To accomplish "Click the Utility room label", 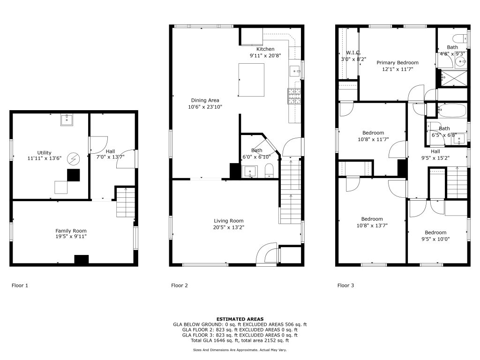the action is pyautogui.click(x=45, y=152).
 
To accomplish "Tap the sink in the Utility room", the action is pyautogui.click(x=67, y=120).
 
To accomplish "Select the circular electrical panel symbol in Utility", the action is pyautogui.click(x=74, y=159).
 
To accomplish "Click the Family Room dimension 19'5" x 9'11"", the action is pyautogui.click(x=71, y=236).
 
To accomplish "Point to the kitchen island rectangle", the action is pyautogui.click(x=251, y=80).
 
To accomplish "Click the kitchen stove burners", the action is pyautogui.click(x=294, y=97).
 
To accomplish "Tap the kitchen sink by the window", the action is pyautogui.click(x=295, y=71).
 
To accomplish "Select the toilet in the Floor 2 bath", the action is pyautogui.click(x=269, y=171).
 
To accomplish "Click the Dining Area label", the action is pyautogui.click(x=205, y=100).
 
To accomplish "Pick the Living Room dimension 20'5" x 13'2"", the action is pyautogui.click(x=229, y=227).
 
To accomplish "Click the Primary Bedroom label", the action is pyautogui.click(x=397, y=62).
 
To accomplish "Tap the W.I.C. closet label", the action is pyautogui.click(x=353, y=52).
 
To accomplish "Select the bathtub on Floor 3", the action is pyautogui.click(x=451, y=110).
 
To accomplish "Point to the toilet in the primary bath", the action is pyautogui.click(x=460, y=39).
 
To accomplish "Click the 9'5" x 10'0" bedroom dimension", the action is pyautogui.click(x=435, y=239).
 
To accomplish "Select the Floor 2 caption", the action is pyautogui.click(x=180, y=285).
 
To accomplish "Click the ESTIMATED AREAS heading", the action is pyautogui.click(x=240, y=319).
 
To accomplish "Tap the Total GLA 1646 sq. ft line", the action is pyautogui.click(x=240, y=340).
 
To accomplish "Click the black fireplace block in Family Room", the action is pyautogui.click(x=82, y=259).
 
